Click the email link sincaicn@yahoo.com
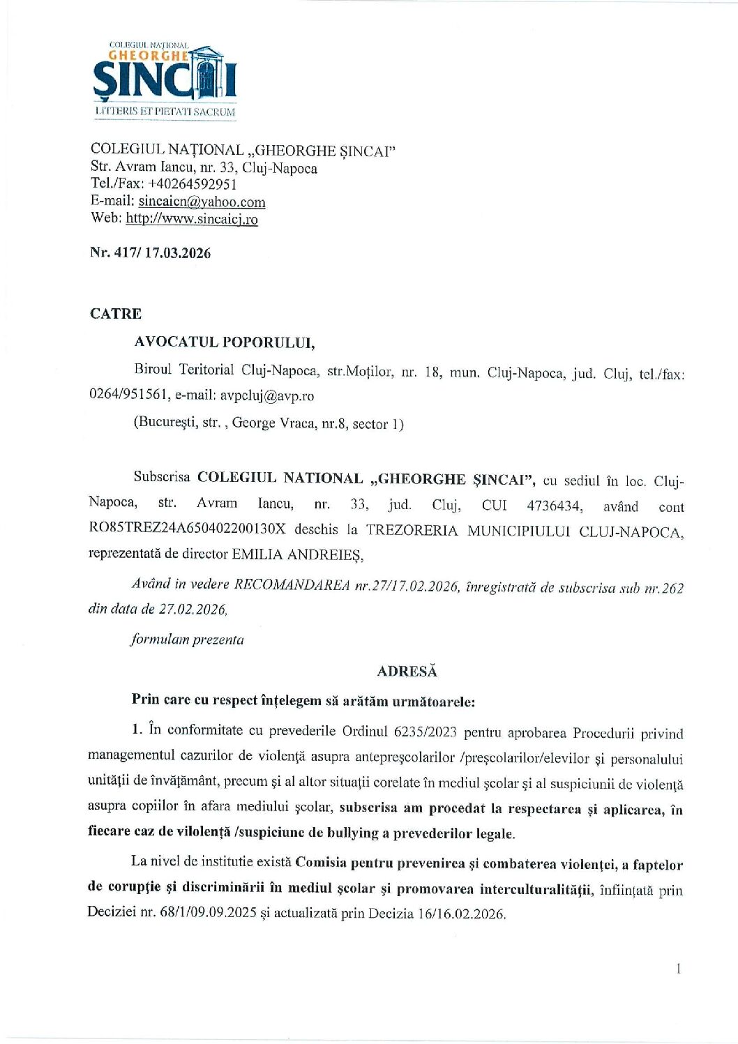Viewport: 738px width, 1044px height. point(202,202)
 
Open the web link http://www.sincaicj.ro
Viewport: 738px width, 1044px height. point(192,220)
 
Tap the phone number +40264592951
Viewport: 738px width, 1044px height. point(193,184)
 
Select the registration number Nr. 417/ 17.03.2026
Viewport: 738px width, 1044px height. point(150,253)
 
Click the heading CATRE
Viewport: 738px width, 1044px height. point(116,314)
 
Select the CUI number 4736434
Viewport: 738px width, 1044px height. point(554,506)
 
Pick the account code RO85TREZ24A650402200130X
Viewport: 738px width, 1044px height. point(187,529)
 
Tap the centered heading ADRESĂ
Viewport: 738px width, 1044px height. point(407,672)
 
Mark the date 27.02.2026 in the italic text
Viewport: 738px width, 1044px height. point(193,610)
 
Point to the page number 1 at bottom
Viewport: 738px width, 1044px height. point(678,969)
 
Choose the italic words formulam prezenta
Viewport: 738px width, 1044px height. point(188,640)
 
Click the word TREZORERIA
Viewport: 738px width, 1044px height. point(412,531)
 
